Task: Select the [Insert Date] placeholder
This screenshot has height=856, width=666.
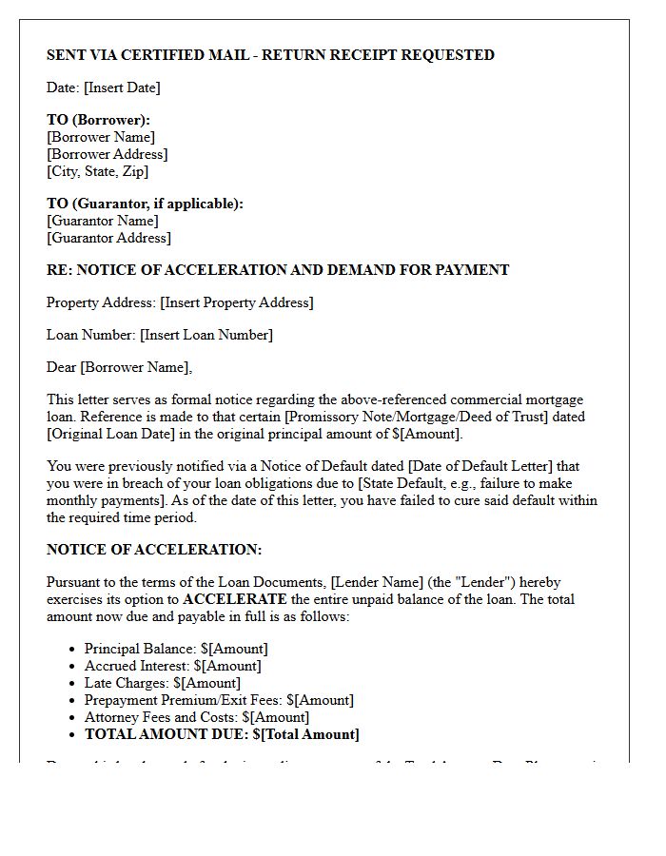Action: [x=122, y=88]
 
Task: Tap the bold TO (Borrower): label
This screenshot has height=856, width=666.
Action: [x=98, y=120]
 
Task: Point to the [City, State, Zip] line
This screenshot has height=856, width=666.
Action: [x=97, y=171]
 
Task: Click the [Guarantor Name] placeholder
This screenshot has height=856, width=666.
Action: [x=103, y=221]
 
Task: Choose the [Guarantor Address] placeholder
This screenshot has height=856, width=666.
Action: [x=108, y=238]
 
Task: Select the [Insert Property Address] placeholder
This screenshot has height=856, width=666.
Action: [x=237, y=302]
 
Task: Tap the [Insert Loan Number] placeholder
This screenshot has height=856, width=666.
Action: [x=206, y=335]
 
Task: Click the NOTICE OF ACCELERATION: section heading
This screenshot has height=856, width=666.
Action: [x=154, y=550]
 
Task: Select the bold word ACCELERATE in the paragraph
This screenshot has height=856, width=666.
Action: [x=234, y=599]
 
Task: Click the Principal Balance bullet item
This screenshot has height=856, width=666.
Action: [x=176, y=649]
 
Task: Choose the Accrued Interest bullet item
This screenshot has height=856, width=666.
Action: [x=172, y=666]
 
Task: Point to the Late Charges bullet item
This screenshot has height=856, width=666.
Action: [x=162, y=683]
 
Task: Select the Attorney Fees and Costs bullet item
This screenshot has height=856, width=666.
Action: [x=196, y=717]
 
